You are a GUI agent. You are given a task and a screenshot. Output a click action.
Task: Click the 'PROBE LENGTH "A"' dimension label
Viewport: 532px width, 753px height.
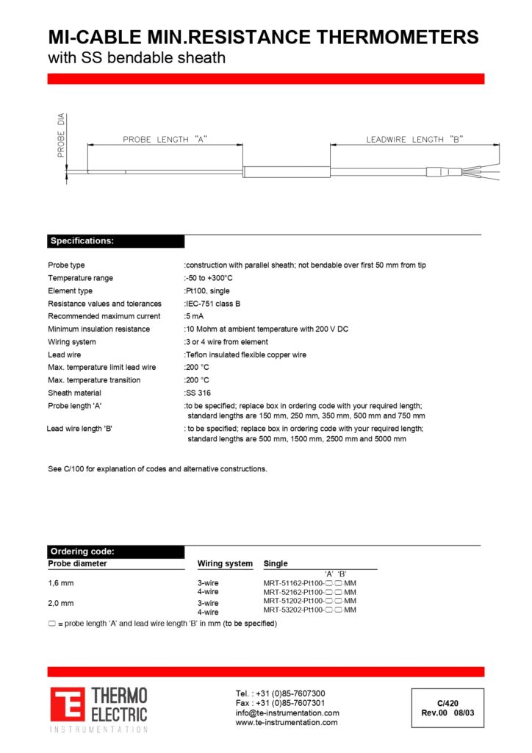click(x=165, y=139)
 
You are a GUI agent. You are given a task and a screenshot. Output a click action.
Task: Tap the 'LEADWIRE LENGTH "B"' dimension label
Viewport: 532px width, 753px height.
click(x=415, y=139)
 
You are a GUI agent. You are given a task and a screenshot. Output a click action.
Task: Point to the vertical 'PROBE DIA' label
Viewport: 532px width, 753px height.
click(x=61, y=135)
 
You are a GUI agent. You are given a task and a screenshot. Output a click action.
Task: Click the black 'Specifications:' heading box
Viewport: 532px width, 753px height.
click(x=116, y=241)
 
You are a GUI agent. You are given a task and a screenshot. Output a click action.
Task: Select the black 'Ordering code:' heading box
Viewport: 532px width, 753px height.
click(x=116, y=552)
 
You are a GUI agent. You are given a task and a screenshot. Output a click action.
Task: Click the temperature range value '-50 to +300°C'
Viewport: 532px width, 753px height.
click(x=209, y=278)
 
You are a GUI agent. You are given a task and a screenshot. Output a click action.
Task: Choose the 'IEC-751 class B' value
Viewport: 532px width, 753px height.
click(x=213, y=304)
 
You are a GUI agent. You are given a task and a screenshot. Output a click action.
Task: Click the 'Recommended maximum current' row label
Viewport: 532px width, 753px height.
click(x=104, y=316)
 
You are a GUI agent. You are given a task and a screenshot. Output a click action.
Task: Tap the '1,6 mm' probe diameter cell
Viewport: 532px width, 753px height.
click(x=61, y=583)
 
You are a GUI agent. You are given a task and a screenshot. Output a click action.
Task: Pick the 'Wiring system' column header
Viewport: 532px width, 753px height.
click(x=225, y=564)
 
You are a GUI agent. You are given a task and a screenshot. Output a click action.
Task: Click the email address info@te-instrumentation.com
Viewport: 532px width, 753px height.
click(x=287, y=713)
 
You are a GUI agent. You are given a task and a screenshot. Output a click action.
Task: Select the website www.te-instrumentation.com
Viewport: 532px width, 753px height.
click(x=287, y=723)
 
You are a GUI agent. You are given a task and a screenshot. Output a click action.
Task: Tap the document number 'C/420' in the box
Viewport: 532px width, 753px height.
click(x=447, y=703)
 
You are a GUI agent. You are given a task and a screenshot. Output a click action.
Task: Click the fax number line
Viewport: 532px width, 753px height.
click(x=280, y=703)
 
